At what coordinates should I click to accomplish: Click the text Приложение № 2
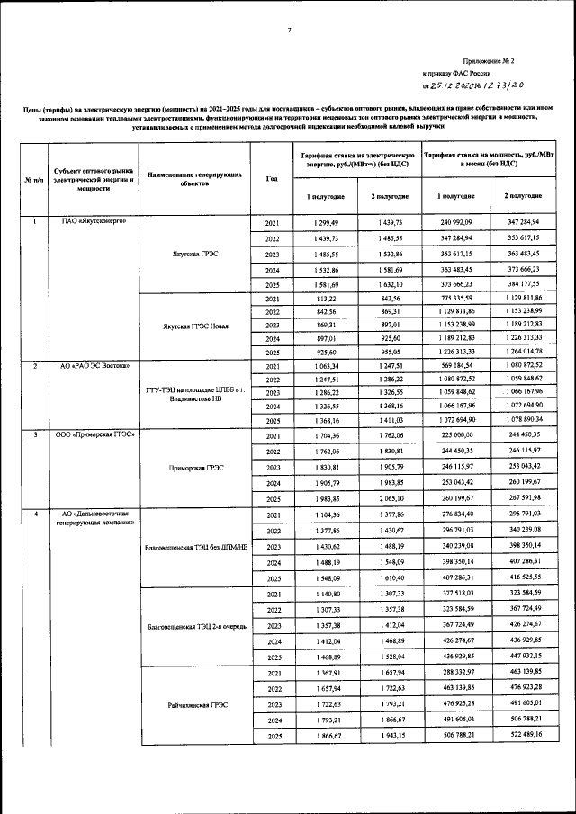[x=486, y=59]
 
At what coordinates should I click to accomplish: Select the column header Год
[x=272, y=177]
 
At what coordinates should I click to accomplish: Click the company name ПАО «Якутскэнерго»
[x=85, y=221]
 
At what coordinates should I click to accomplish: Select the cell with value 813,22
[x=325, y=299]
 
